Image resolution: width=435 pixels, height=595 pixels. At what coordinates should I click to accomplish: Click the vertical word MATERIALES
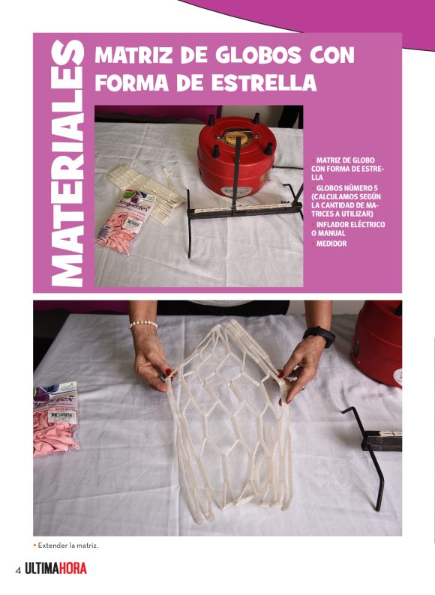pos(67,163)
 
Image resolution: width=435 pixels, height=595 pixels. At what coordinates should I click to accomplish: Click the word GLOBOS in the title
pos(259,55)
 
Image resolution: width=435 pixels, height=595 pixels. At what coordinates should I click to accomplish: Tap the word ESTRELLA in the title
pos(264,82)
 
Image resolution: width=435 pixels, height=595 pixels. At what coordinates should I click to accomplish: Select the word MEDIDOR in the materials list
pos(331,244)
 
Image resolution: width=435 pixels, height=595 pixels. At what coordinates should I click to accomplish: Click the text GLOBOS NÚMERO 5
pos(346,188)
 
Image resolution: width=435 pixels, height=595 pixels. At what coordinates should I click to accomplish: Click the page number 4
pos(18,570)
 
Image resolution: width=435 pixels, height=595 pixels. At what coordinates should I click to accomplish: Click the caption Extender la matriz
pos(68,546)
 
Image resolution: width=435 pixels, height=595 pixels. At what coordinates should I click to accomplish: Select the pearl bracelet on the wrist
pos(142,324)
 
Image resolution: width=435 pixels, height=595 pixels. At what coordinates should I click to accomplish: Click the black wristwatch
pos(319,335)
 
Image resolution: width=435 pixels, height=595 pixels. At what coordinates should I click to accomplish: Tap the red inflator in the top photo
pos(236,157)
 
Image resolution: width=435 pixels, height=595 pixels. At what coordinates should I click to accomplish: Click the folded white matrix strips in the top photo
pos(145,192)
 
